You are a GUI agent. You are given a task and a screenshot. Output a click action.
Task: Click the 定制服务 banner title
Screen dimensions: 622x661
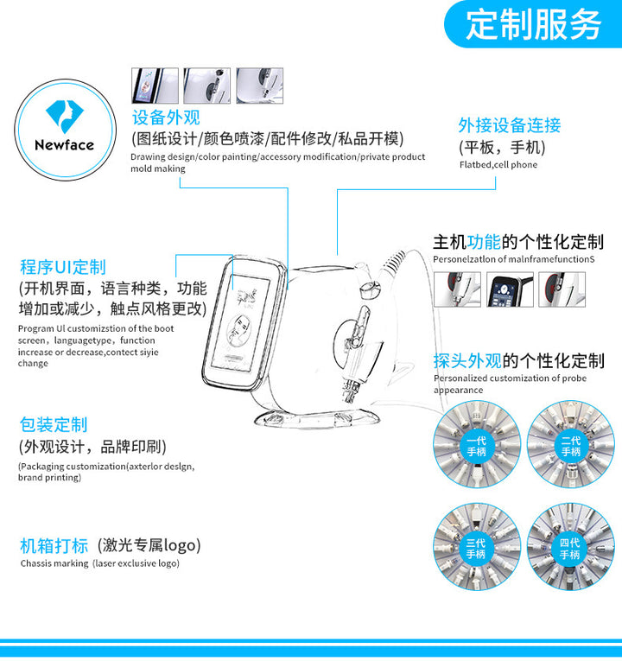pos(534,24)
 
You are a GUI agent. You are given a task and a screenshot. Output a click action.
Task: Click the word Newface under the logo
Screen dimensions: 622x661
pos(65,145)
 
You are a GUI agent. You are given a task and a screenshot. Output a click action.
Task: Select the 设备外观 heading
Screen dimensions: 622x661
pos(166,118)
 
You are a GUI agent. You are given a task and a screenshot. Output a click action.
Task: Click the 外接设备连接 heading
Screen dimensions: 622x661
pos(510,125)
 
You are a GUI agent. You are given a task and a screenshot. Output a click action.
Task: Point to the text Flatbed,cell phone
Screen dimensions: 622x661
pos(498,165)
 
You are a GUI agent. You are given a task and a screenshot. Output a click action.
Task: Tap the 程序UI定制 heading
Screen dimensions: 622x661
pos(63,267)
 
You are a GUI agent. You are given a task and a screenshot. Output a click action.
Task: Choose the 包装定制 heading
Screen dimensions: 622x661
pos(54,424)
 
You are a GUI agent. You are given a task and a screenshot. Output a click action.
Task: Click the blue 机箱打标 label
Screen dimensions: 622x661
pos(54,545)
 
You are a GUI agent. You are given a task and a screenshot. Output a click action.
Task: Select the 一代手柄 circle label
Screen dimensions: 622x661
pos(477,446)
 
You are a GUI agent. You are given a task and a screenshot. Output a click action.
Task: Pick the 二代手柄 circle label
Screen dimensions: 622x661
pos(571,446)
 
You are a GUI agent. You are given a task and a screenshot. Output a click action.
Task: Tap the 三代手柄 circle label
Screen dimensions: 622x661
pos(476,549)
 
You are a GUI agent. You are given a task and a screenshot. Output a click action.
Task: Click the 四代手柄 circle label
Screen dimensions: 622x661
pos(570,549)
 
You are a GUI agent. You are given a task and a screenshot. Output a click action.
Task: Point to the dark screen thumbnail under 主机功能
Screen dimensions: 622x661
pos(510,289)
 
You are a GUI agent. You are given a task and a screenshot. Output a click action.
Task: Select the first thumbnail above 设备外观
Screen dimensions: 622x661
pos(155,86)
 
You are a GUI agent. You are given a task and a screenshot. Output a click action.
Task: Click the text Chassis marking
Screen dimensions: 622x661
pos(54,563)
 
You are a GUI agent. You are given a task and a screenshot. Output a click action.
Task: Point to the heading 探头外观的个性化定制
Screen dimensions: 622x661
pos(519,361)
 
